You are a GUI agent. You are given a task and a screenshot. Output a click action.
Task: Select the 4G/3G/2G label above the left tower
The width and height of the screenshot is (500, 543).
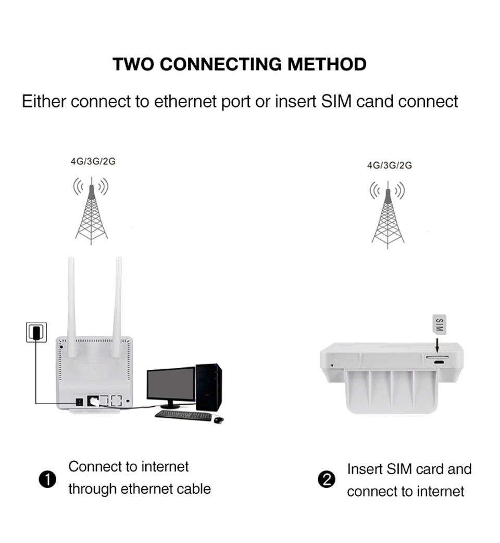pos(93,161)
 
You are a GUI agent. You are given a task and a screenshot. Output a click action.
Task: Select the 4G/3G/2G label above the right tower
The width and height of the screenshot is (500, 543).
pos(389,165)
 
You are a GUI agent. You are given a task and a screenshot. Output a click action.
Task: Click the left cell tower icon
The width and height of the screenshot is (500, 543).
pos(92,211)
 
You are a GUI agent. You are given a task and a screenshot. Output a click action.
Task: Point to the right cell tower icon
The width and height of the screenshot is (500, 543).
pos(388,215)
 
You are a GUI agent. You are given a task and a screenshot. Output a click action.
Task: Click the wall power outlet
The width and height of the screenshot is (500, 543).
pos(36,332)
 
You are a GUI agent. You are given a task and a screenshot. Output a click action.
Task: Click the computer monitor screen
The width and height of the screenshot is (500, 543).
pos(170,384)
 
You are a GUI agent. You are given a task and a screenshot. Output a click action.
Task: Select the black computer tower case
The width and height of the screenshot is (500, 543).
pos(209,387)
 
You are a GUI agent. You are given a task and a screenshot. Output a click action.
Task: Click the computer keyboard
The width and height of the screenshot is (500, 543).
pos(183,416)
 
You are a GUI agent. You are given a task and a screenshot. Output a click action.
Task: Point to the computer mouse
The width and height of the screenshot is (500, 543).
pos(219,419)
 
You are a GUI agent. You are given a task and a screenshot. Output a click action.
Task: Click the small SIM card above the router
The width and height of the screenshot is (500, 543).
pos(439,324)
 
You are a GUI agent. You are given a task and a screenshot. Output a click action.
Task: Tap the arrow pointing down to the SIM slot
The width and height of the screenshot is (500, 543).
pos(438,345)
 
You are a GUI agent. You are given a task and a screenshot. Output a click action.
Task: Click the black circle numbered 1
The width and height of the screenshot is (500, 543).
pos(47,479)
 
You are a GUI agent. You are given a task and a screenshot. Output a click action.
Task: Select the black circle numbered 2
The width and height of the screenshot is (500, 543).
pos(327,479)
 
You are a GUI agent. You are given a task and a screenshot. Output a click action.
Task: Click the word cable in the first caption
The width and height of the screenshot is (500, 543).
pos(193,489)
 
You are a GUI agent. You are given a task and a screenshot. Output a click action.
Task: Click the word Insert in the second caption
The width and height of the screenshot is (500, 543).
pos(365,469)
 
